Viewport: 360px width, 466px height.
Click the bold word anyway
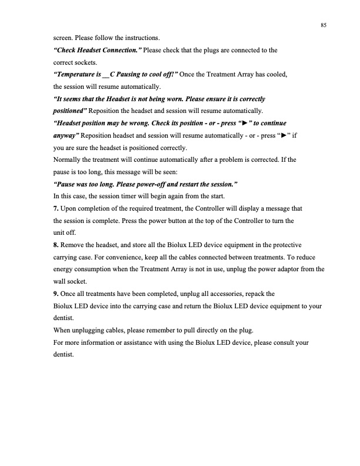(x=66, y=135)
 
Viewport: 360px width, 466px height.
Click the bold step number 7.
(x=56, y=208)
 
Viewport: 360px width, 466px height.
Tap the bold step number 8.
(x=56, y=245)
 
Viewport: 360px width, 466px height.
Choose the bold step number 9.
(x=56, y=293)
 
